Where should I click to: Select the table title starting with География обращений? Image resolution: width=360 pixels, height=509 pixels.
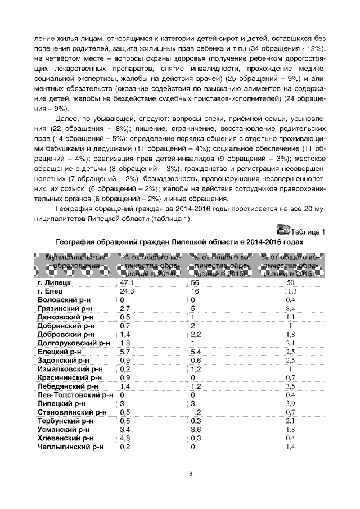pyautogui.click(x=179, y=241)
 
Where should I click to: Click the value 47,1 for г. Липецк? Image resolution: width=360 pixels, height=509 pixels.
pyautogui.click(x=127, y=282)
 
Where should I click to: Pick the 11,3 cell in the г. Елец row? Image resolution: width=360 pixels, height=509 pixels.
pyautogui.click(x=290, y=291)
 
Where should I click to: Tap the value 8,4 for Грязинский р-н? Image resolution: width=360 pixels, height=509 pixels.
pyautogui.click(x=290, y=308)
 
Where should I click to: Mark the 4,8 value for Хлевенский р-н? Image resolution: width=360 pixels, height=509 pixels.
pyautogui.click(x=125, y=438)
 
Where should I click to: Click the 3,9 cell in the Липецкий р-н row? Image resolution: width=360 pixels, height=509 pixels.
pyautogui.click(x=290, y=404)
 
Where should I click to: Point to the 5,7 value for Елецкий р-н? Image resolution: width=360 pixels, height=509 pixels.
pyautogui.click(x=125, y=352)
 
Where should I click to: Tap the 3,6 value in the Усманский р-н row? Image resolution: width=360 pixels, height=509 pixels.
pyautogui.click(x=196, y=430)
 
